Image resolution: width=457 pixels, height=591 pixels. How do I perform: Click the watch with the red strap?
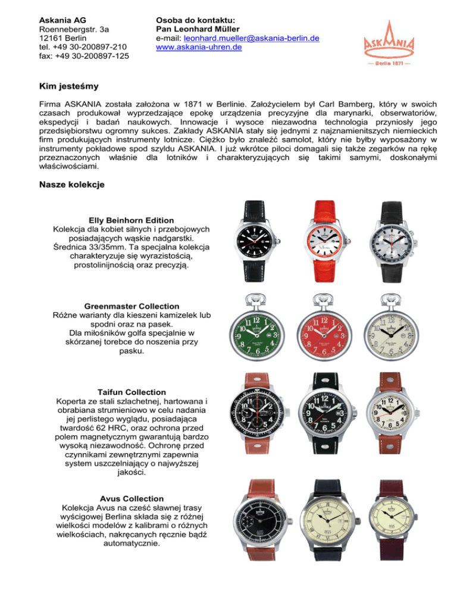325,244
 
